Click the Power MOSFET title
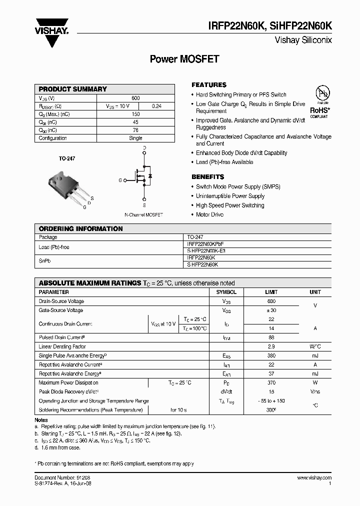click(x=184, y=59)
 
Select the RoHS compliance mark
click(x=319, y=110)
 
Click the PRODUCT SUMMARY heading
click(x=73, y=89)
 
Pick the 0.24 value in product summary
click(x=156, y=106)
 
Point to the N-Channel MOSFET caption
click(x=144, y=214)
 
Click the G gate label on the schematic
click(x=120, y=180)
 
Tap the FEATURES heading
click(x=209, y=85)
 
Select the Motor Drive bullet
click(x=210, y=214)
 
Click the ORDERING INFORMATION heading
click(x=80, y=228)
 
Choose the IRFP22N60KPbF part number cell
click(x=202, y=244)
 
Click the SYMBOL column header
click(x=226, y=292)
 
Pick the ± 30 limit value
click(x=271, y=310)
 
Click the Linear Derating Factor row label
click(x=62, y=346)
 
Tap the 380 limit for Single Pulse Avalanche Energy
click(x=271, y=355)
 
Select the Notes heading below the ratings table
click(x=41, y=420)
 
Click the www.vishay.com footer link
click(x=314, y=478)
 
